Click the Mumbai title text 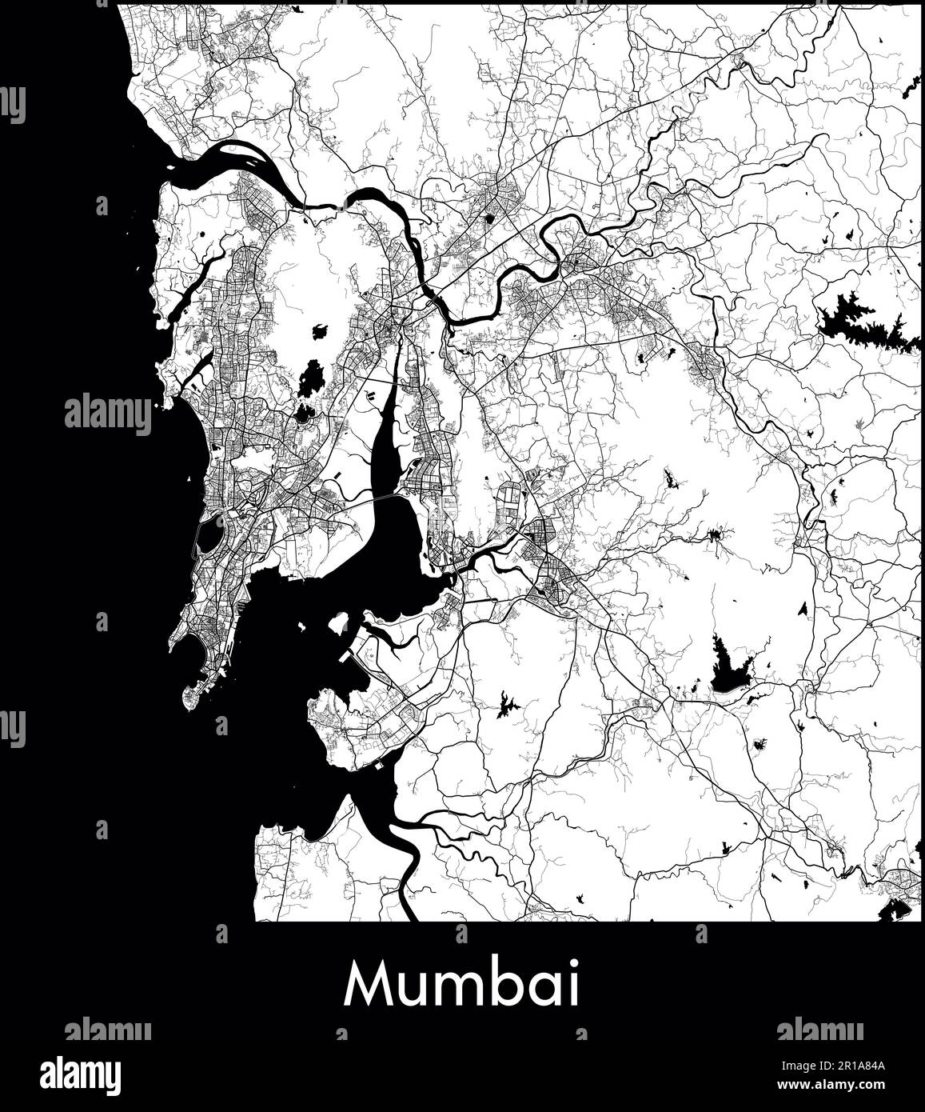click(x=462, y=985)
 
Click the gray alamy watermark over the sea click(x=107, y=415)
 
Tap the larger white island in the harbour click(x=339, y=622)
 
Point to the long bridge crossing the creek click(x=375, y=502)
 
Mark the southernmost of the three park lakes click(x=304, y=414)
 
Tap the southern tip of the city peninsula click(x=190, y=702)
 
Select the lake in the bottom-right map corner click(x=894, y=908)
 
